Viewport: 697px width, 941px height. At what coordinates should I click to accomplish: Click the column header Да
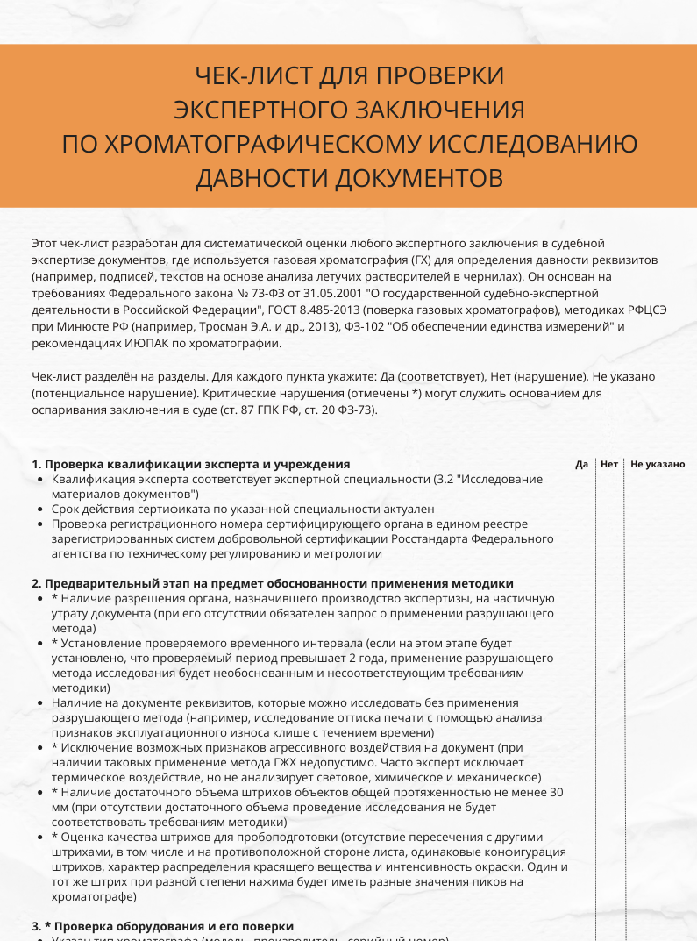click(581, 464)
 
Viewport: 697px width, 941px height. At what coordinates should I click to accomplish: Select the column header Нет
click(609, 464)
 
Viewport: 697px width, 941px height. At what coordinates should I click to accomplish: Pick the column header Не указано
click(658, 464)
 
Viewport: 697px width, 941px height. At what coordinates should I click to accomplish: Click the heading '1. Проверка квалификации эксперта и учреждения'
click(191, 464)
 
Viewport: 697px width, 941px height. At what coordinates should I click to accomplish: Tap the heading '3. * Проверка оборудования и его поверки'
click(162, 926)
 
